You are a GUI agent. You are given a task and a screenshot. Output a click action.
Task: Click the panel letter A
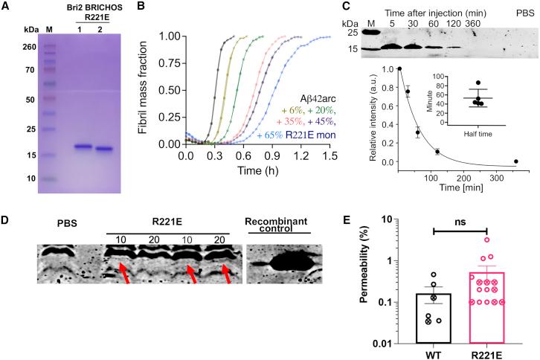click(x=5, y=6)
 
